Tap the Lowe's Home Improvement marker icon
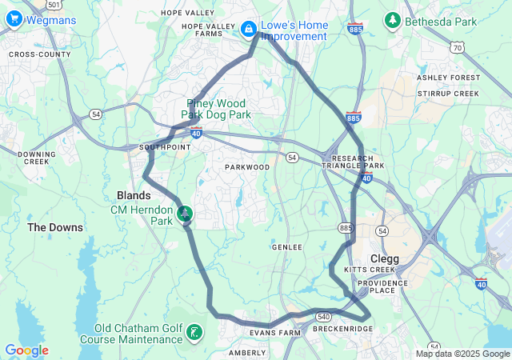click(x=249, y=29)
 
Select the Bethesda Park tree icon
click(x=393, y=19)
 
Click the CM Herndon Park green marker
click(x=185, y=213)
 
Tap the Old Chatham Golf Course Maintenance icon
click(x=194, y=332)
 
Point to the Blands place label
click(x=134, y=195)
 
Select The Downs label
click(x=55, y=227)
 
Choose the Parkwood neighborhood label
click(x=247, y=167)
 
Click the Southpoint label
click(x=165, y=148)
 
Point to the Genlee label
click(x=287, y=247)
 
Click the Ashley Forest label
click(x=449, y=78)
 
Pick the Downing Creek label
click(x=37, y=158)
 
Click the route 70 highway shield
click(x=457, y=48)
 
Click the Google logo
click(x=26, y=350)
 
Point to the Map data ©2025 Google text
click(x=462, y=354)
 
